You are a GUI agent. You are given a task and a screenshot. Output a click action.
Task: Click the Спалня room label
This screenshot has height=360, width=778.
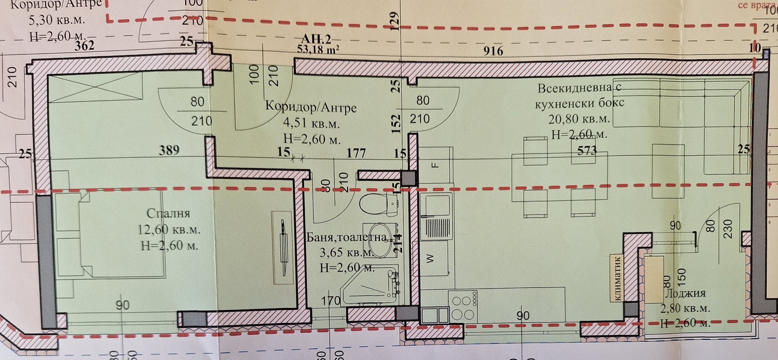(x=168, y=213)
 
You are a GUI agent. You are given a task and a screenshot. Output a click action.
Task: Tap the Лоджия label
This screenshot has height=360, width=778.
(x=685, y=293)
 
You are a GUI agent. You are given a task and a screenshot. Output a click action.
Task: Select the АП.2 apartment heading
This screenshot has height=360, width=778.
(x=316, y=39)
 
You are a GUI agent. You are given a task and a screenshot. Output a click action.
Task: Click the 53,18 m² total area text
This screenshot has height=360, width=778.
(x=318, y=49)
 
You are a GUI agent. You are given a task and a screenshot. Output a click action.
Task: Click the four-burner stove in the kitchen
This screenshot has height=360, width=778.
(x=463, y=307)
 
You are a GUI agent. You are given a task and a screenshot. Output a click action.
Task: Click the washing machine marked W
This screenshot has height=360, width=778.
(x=430, y=258)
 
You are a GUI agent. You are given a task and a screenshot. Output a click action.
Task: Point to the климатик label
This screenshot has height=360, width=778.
(x=618, y=278)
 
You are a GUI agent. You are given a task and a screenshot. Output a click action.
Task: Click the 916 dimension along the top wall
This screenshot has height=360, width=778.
(x=493, y=51)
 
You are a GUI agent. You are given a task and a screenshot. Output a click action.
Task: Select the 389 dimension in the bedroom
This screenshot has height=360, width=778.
(x=169, y=150)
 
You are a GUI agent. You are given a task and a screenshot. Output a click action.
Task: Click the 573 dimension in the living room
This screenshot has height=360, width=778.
(x=587, y=150)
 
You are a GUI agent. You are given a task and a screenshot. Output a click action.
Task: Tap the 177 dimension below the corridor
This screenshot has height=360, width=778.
(x=356, y=153)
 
